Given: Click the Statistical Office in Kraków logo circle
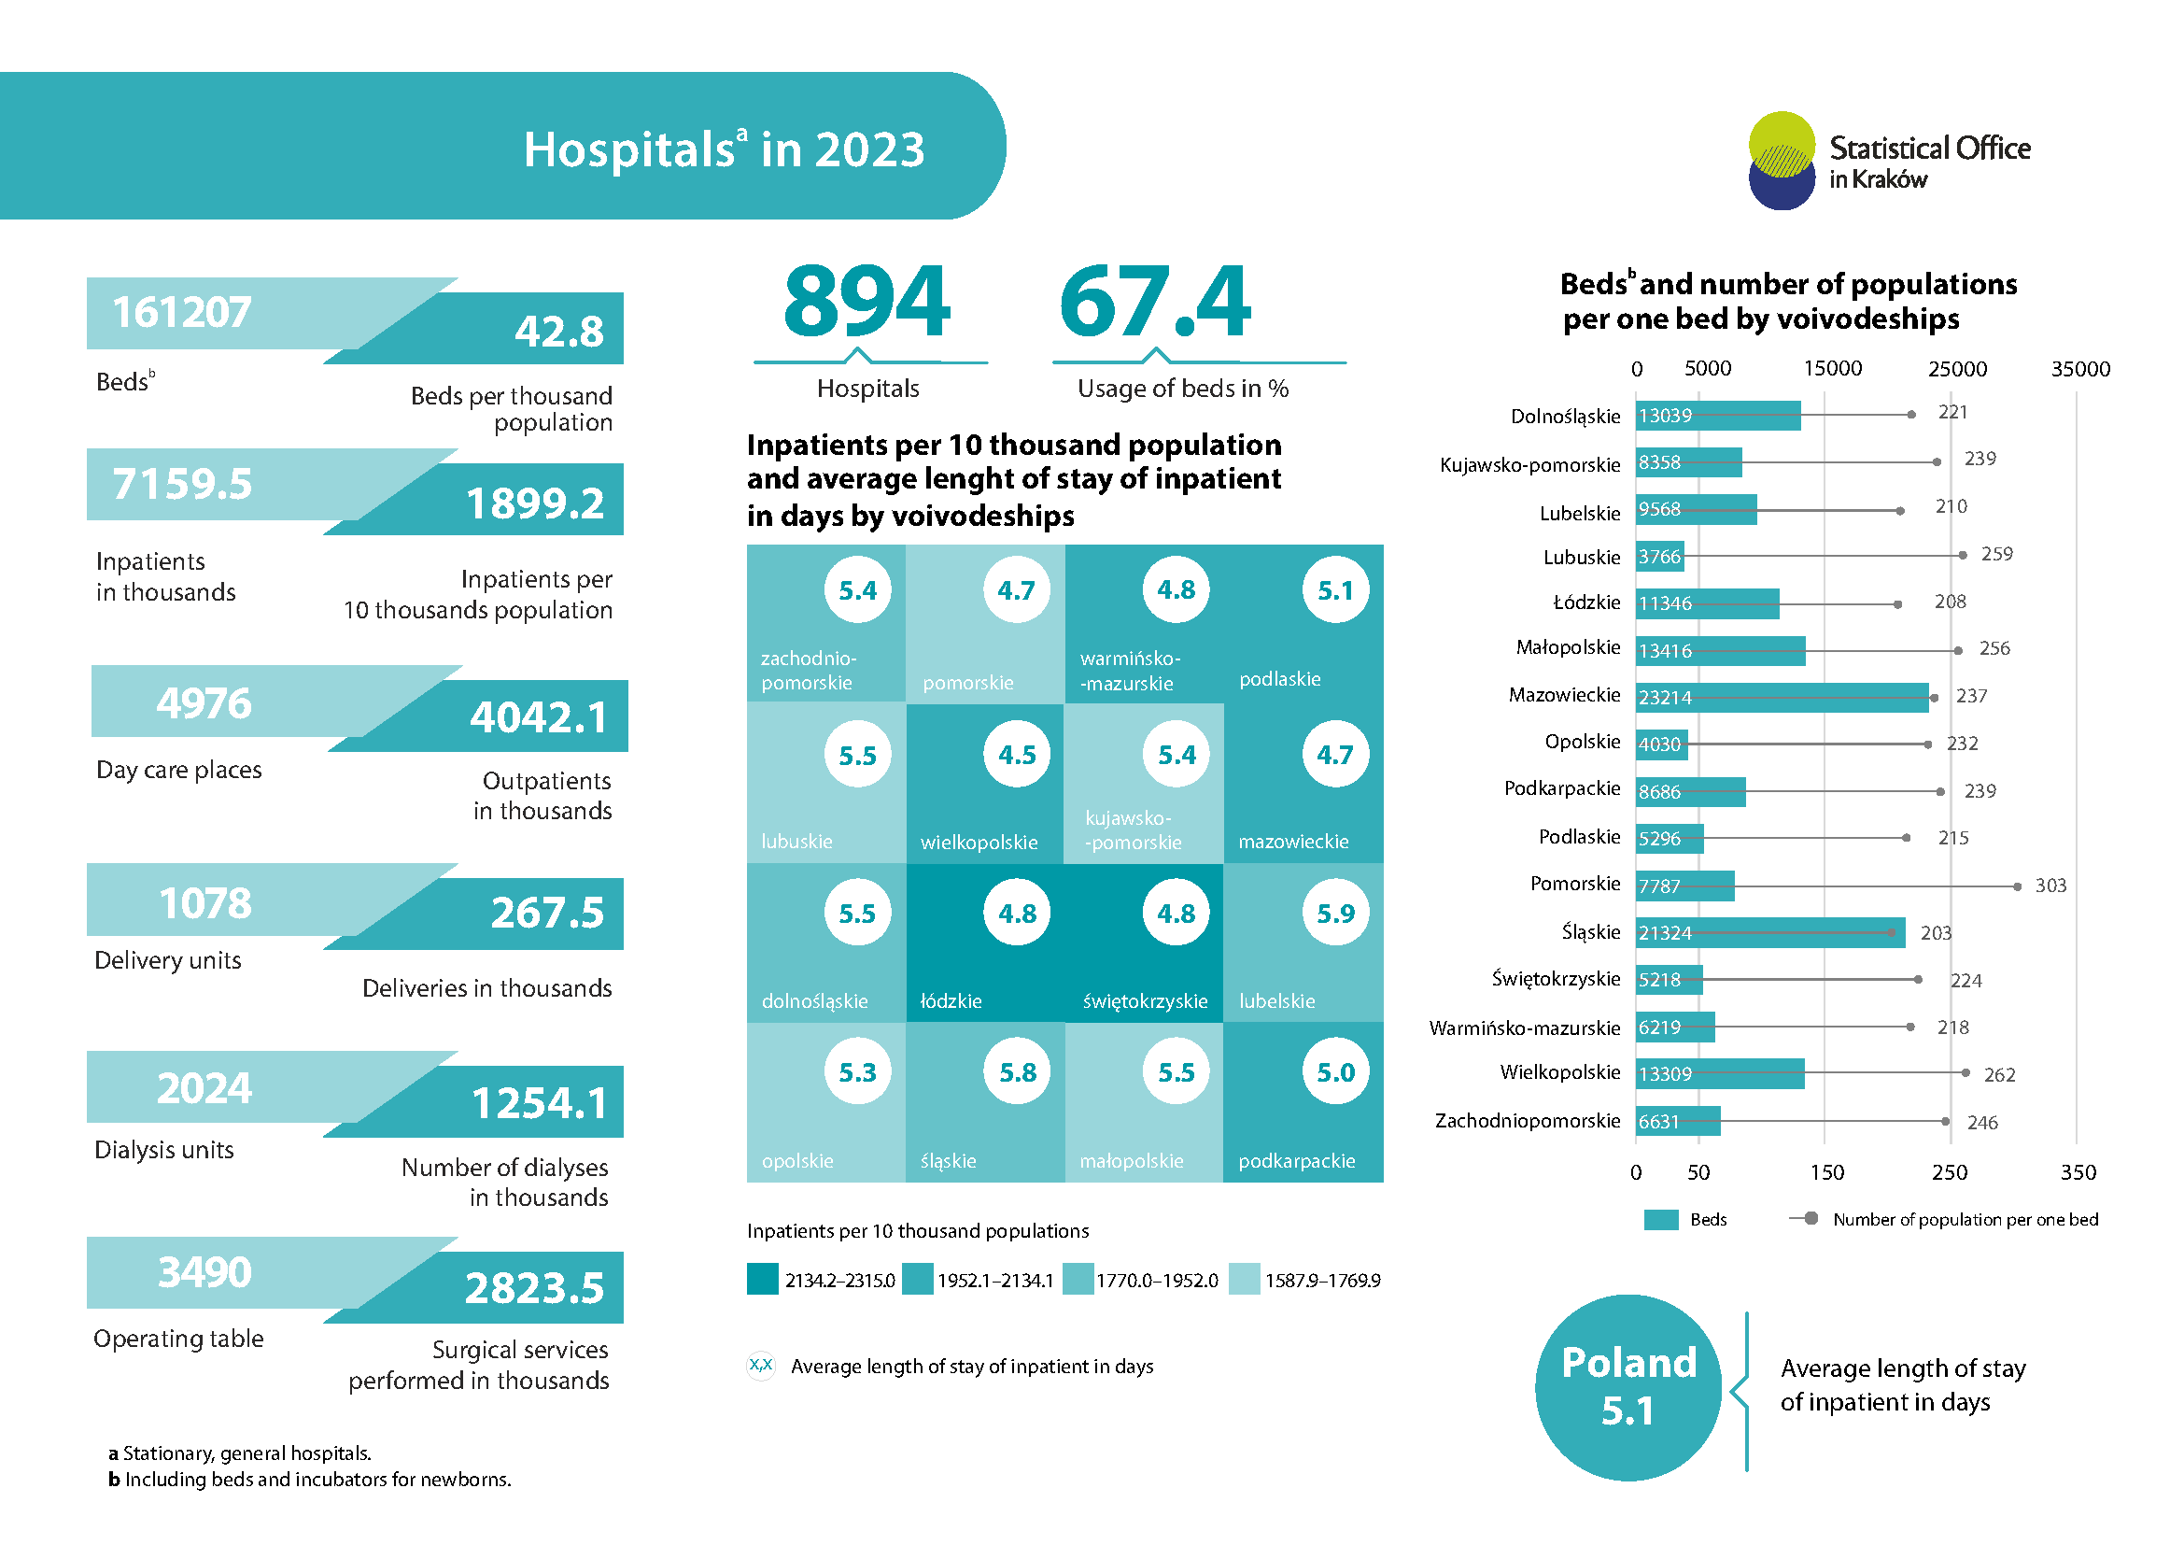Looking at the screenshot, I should pyautogui.click(x=1782, y=160).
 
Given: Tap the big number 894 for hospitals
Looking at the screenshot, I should pyautogui.click(x=866, y=302).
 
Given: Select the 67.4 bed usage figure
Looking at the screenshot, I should pyautogui.click(x=1155, y=302).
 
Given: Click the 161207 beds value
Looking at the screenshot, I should pyautogui.click(x=182, y=313).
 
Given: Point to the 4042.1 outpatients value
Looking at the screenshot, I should pyautogui.click(x=539, y=717).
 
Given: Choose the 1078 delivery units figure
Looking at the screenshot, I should pyautogui.click(x=204, y=903).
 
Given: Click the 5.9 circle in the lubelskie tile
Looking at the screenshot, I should pyautogui.click(x=1334, y=914).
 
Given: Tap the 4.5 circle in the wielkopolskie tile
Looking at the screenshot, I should pyautogui.click(x=1017, y=756).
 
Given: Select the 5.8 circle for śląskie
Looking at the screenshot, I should pyautogui.click(x=1017, y=1072).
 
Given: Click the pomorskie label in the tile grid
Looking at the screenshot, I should pyautogui.click(x=968, y=682).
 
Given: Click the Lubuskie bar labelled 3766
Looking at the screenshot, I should pyautogui.click(x=1660, y=557).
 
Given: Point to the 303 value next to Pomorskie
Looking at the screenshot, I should pyautogui.click(x=2050, y=886).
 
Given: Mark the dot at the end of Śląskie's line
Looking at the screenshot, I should pyautogui.click(x=1892, y=932).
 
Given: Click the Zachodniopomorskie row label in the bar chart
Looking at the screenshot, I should pyautogui.click(x=1527, y=1121).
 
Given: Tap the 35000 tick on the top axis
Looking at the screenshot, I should pyautogui.click(x=2080, y=369).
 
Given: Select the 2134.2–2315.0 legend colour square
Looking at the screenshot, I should pyautogui.click(x=763, y=1279).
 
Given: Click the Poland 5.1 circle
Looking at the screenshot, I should pyautogui.click(x=1628, y=1386).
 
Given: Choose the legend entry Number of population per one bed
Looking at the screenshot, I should pyautogui.click(x=1965, y=1219).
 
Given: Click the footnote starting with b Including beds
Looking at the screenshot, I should pyautogui.click(x=310, y=1480).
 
